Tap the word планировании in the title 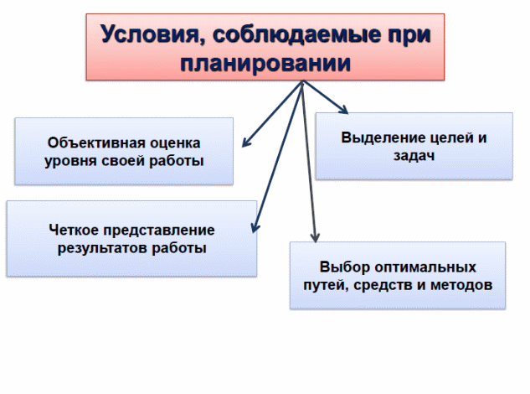pos(265,64)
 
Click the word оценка pos(175,143)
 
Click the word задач pos(414,156)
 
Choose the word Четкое pos(74,230)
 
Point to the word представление pos(159,231)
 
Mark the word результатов pos(102,248)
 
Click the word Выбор pos(344,267)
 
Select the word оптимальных pos(425,267)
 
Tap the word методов pos(461,285)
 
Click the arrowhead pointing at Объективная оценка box pos(246,143)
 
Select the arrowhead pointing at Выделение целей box pos(343,109)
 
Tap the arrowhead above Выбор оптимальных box pos(315,237)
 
